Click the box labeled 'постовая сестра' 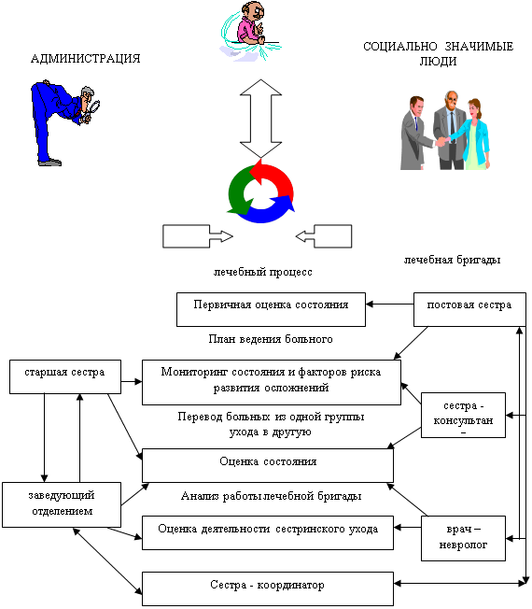(x=469, y=309)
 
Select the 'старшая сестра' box (x=65, y=376)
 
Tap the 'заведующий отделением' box (x=62, y=505)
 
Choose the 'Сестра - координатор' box (x=268, y=588)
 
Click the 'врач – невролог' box (x=463, y=538)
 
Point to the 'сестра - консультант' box (x=463, y=416)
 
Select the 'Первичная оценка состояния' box (x=271, y=309)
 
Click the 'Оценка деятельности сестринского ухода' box (x=268, y=532)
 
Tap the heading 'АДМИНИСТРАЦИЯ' (x=85, y=59)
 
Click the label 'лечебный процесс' (x=262, y=272)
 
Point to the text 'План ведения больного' (x=271, y=339)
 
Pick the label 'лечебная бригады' (x=452, y=260)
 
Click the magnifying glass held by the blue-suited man (x=93, y=107)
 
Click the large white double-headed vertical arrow (x=260, y=119)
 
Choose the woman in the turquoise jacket (x=473, y=134)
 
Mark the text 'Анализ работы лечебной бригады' (x=272, y=496)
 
